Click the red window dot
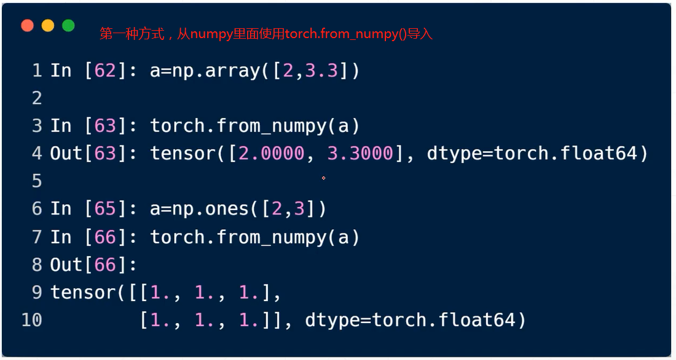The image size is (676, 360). (x=27, y=26)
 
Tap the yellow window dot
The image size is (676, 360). (x=48, y=26)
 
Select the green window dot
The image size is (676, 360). (x=69, y=26)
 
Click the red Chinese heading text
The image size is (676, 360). (x=266, y=34)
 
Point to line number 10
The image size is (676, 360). (x=32, y=320)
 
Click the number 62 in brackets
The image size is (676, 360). (x=106, y=71)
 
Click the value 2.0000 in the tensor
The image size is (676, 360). (x=272, y=154)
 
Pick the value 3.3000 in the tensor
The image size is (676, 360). (x=360, y=154)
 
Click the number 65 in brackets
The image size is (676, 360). (x=106, y=209)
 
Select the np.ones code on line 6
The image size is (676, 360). (x=238, y=209)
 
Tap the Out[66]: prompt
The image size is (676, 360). (x=94, y=265)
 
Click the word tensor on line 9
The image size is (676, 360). (x=83, y=293)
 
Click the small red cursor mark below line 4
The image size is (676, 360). (x=323, y=178)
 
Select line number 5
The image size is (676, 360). (x=37, y=181)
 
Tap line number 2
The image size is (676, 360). (x=37, y=98)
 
